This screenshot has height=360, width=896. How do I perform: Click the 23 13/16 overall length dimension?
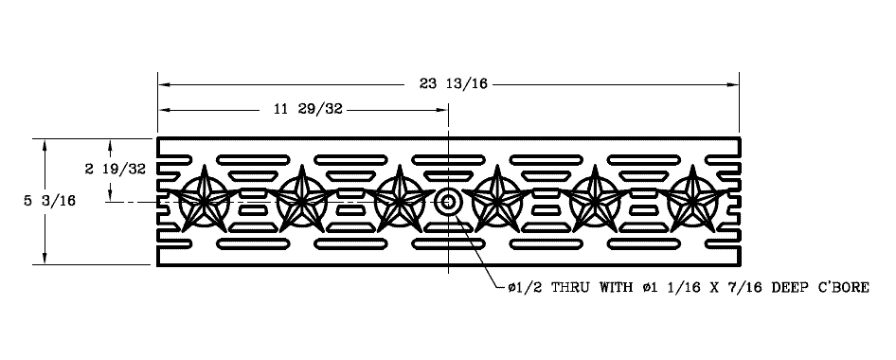tap(453, 84)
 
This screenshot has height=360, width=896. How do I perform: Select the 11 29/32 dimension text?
tap(307, 110)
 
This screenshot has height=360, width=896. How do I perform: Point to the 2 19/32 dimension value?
tap(115, 170)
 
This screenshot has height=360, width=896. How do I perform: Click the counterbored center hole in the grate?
tap(448, 201)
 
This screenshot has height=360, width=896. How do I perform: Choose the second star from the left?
tap(302, 200)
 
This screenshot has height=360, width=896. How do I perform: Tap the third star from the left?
tap(400, 200)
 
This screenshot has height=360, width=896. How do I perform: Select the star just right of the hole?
tap(497, 200)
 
